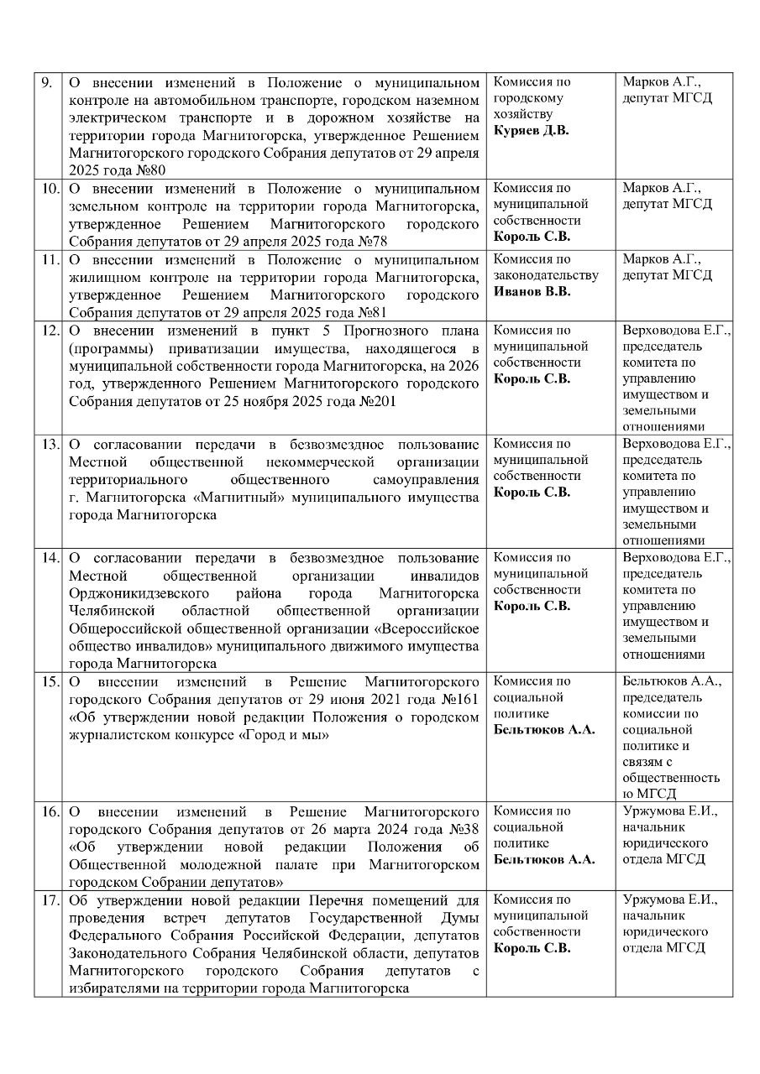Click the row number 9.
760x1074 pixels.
[47, 83]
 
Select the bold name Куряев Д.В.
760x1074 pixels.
[531, 131]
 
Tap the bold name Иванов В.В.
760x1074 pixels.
[532, 291]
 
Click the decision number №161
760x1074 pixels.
[460, 699]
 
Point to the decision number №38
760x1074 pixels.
[464, 828]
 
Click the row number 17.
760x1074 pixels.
[50, 900]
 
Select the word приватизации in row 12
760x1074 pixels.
[198, 348]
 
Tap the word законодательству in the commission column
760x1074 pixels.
[545, 275]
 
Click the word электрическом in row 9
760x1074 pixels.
[109, 118]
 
